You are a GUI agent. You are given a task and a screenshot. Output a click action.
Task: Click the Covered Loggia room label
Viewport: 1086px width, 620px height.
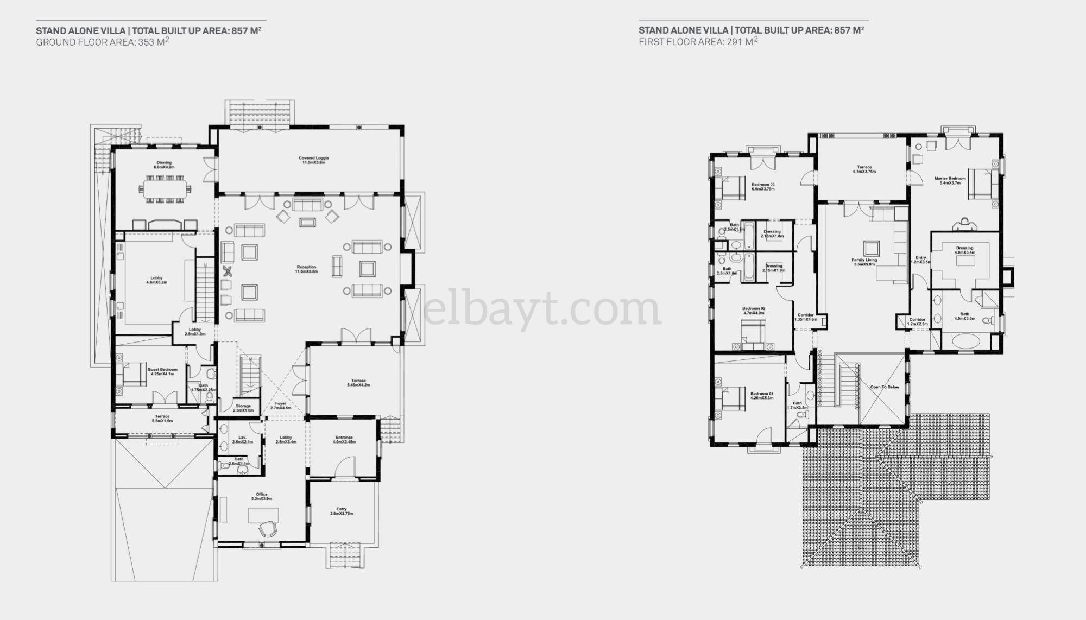(x=313, y=160)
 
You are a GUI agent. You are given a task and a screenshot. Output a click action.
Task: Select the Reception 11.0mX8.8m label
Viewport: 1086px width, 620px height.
(x=306, y=269)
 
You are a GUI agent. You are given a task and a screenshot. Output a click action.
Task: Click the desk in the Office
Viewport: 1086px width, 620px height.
(x=263, y=515)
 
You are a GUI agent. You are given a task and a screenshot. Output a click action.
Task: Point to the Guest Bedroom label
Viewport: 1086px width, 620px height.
(x=162, y=371)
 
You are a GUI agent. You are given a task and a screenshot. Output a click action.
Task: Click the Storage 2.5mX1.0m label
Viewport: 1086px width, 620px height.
(x=243, y=408)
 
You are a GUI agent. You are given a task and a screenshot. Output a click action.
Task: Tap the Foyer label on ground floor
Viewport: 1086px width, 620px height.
(x=281, y=406)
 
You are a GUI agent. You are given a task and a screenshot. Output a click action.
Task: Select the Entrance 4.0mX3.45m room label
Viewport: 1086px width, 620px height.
(x=344, y=439)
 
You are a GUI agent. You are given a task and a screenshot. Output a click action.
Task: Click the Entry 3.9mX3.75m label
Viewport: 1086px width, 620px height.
(x=342, y=511)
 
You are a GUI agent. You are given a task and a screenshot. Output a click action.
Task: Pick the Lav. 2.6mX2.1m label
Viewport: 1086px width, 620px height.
(x=243, y=439)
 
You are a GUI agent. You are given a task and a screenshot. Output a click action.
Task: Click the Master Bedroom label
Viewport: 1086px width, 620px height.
(x=950, y=180)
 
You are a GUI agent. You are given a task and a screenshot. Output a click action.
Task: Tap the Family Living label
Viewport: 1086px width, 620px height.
(x=864, y=262)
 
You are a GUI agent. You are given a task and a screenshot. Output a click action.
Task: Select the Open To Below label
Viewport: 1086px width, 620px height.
(x=885, y=387)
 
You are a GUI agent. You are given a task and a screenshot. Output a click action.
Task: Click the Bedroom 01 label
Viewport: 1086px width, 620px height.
(x=762, y=395)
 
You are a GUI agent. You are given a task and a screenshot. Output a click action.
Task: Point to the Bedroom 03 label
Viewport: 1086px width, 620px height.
(x=763, y=186)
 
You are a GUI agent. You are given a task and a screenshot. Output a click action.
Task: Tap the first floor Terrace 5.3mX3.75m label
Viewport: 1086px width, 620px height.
(x=864, y=169)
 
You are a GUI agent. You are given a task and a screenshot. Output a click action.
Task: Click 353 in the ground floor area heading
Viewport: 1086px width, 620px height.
(x=146, y=42)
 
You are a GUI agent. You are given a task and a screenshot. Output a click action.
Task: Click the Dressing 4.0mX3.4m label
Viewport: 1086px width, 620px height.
(x=964, y=250)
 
